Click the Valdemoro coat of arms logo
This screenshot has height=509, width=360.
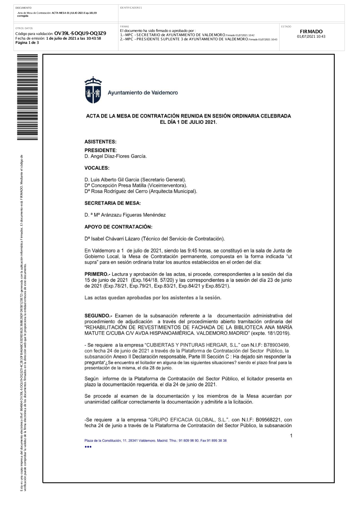pyautogui.click(x=93, y=90)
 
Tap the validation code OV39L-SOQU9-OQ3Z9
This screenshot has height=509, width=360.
pyautogui.click(x=80, y=33)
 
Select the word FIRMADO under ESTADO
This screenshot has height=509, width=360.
pyautogui.click(x=311, y=31)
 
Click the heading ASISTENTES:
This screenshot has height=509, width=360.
pyautogui.click(x=100, y=142)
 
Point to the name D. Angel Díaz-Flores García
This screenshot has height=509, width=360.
pyautogui.click(x=116, y=156)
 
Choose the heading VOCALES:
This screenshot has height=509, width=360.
pyautogui.click(x=97, y=168)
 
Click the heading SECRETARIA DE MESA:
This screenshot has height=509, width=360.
pyautogui.click(x=113, y=203)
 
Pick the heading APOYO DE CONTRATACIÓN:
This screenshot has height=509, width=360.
pyautogui.click(x=118, y=227)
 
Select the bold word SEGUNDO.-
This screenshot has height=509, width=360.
pyautogui.click(x=98, y=316)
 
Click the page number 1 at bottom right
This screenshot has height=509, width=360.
pyautogui.click(x=291, y=436)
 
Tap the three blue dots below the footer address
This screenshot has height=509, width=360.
pyautogui.click(x=88, y=447)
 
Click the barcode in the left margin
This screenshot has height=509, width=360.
pyautogui.click(x=27, y=97)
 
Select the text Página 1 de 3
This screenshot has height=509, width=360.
pyautogui.click(x=27, y=42)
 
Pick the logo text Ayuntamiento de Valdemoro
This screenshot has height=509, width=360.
pyautogui.click(x=143, y=93)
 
